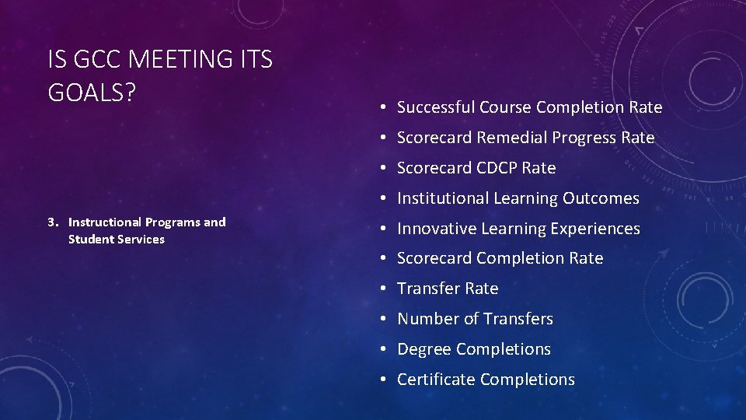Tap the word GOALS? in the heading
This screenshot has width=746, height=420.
pos(92,92)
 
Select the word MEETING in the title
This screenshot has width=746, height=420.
pos(177,59)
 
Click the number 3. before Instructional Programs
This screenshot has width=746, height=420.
pos(53,222)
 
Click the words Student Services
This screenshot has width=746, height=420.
pos(117,240)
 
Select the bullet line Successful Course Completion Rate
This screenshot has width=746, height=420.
pos(529,107)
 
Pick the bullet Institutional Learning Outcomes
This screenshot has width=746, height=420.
pos(518,198)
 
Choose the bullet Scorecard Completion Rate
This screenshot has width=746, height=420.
pos(500,258)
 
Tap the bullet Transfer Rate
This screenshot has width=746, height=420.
pos(448,289)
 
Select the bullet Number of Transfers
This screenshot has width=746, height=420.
pos(475,319)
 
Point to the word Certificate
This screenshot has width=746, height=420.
pos(436,380)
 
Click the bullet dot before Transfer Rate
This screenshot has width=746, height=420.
pos(384,289)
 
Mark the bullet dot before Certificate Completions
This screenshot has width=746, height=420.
pos(384,380)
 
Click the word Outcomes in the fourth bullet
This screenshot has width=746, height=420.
pos(601,198)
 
